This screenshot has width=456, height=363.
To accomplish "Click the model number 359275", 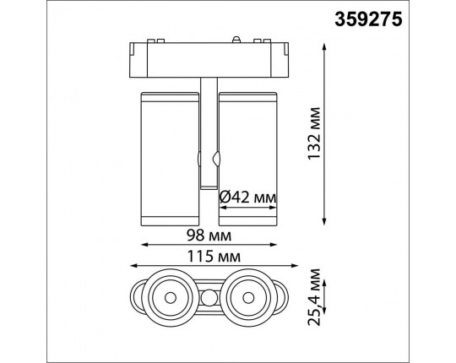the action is [x=368, y=19].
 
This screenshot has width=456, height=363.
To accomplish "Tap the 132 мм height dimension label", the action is [x=314, y=133].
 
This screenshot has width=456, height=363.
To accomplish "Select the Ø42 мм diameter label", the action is [x=247, y=198].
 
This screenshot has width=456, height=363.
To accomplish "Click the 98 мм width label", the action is [x=209, y=236].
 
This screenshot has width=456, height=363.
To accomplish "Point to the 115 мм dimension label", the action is [x=214, y=257].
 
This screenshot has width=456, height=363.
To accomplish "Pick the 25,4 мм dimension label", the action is [x=314, y=297].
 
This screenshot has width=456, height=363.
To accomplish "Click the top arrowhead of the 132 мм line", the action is [x=324, y=46].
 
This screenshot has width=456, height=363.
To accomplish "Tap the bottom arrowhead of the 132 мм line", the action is [x=324, y=221].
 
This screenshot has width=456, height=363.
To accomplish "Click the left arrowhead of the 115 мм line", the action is [x=133, y=265].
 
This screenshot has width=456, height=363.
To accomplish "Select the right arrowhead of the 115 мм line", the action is [x=295, y=265].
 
